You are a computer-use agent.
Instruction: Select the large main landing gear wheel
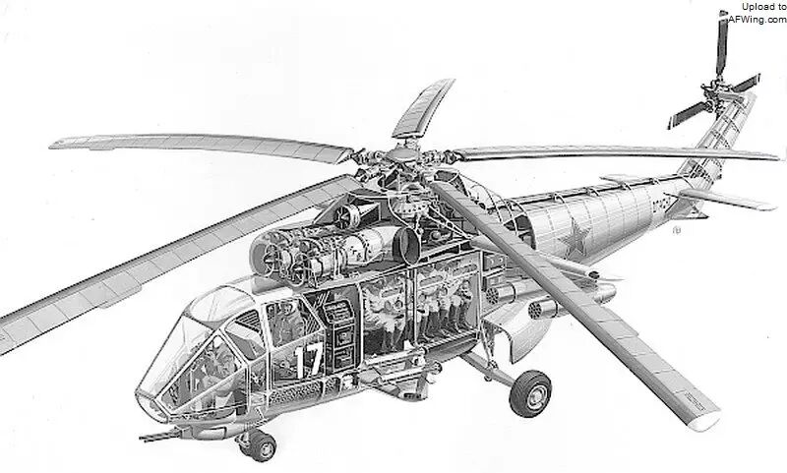point(530,393)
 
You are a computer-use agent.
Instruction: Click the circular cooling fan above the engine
point(344,214)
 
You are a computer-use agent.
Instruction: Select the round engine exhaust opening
point(406,245)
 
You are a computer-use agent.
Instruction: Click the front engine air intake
point(266,256)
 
